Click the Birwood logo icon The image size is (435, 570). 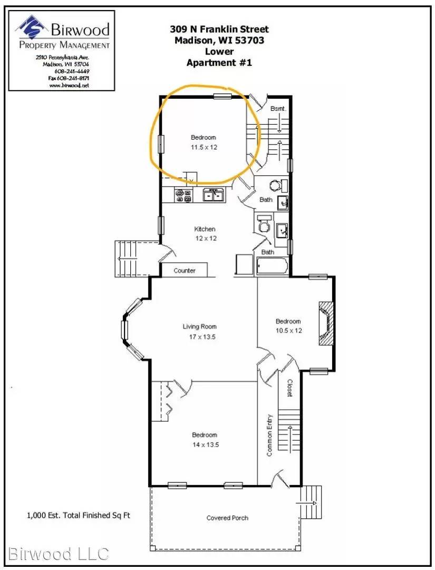(32, 27)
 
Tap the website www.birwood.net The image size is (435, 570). (69, 85)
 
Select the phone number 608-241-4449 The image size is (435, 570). (72, 71)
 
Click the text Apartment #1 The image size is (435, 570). (219, 62)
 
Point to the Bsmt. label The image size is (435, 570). (278, 109)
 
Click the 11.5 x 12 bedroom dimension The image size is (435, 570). (204, 147)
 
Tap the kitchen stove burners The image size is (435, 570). (183, 195)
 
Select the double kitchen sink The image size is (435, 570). (214, 195)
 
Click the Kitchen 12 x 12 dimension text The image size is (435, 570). (206, 239)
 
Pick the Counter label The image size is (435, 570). (185, 270)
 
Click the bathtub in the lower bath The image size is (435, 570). (272, 266)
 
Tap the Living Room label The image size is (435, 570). (200, 327)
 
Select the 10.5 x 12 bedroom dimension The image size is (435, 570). (288, 330)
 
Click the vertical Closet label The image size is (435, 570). (289, 387)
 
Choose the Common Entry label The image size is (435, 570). (269, 435)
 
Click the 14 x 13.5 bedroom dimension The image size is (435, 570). (206, 444)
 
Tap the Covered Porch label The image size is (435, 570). (227, 518)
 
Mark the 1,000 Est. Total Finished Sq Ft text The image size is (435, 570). (79, 515)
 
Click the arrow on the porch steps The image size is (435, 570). (306, 503)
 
